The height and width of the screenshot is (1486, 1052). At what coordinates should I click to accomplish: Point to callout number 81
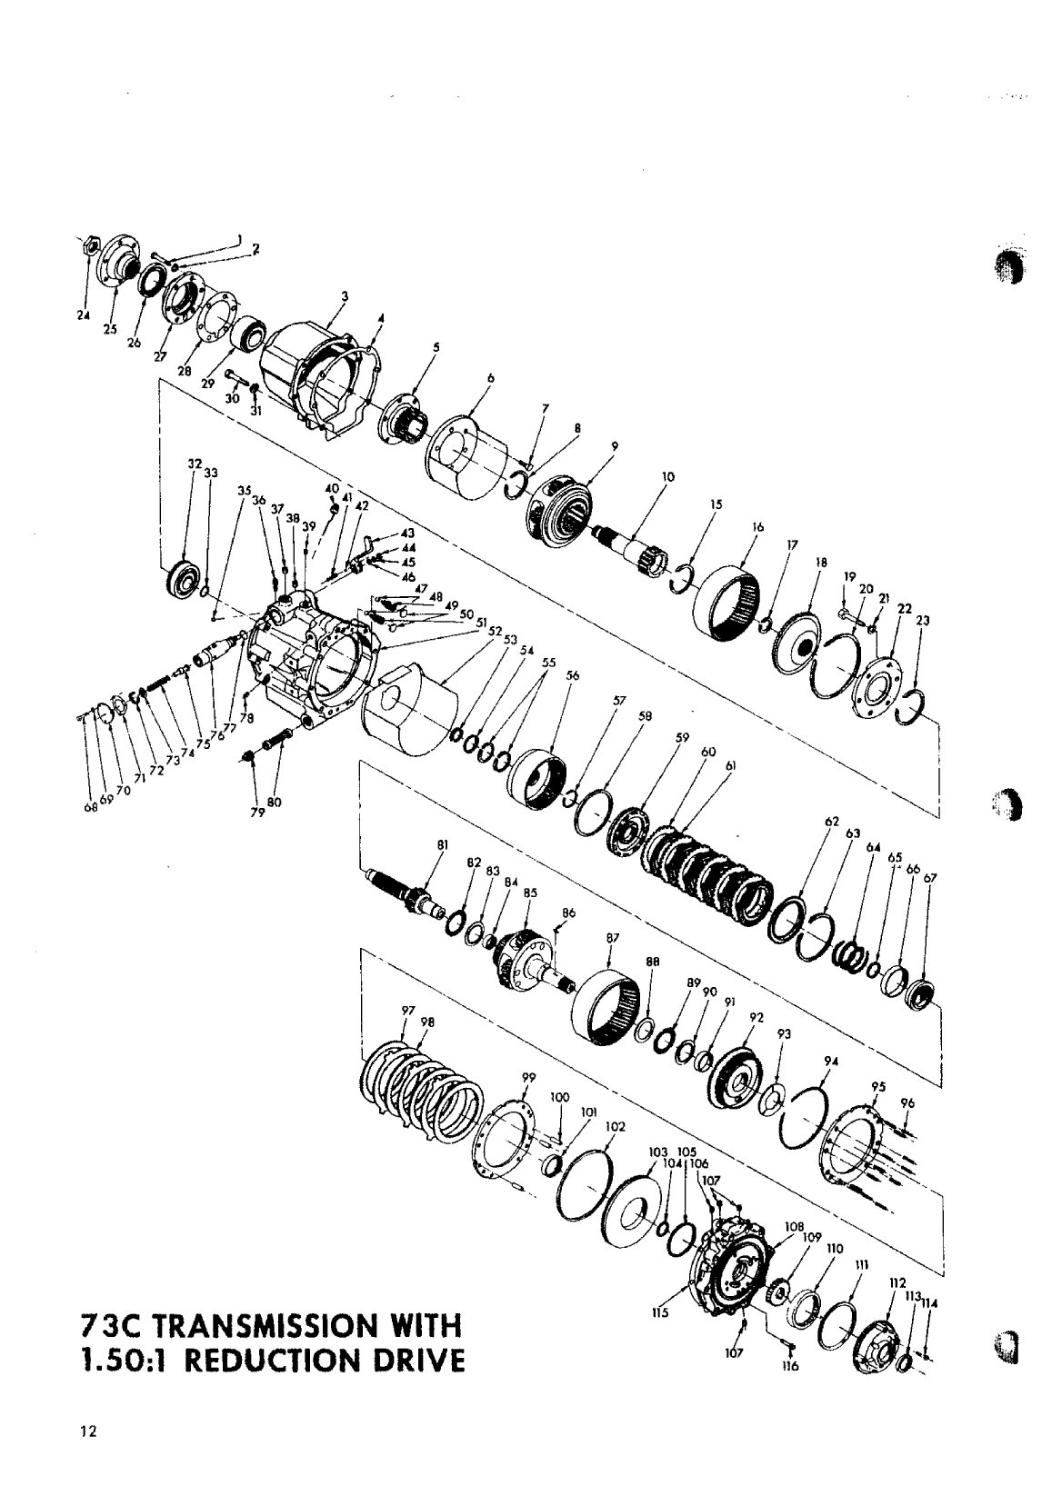(444, 845)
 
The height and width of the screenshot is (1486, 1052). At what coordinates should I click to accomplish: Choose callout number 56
(572, 675)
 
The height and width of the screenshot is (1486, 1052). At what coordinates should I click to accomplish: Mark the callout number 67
(928, 878)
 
